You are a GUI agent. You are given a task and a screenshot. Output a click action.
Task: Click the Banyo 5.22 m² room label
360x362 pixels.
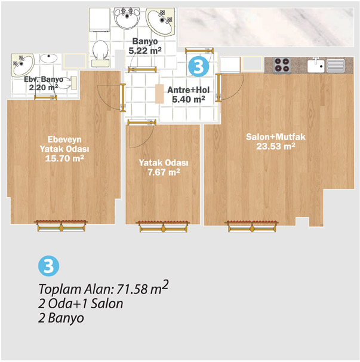pos(145,46)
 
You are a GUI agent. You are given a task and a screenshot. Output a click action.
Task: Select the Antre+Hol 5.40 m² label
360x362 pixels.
pos(188,94)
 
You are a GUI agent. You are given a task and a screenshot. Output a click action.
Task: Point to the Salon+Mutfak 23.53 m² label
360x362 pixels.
pos(276,142)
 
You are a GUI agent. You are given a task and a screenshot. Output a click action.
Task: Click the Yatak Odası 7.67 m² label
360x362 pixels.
pos(164,168)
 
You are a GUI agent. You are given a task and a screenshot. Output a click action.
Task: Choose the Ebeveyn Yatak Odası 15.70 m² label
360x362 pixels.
pos(64,149)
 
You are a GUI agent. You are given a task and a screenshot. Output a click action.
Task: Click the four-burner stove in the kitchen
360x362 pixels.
pos(282,65)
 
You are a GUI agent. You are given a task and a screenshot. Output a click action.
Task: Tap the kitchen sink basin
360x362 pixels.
pos(316,66)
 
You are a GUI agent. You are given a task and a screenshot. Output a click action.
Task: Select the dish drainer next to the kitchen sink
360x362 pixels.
pos(336,66)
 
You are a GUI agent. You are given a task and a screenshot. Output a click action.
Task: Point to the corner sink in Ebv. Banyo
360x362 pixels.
pos(23,65)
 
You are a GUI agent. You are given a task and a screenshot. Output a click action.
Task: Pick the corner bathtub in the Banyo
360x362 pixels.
pos(161,22)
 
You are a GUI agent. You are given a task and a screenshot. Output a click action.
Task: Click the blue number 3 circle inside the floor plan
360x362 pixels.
pos(198,66)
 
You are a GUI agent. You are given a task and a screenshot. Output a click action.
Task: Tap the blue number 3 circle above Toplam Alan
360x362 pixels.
pos(49,266)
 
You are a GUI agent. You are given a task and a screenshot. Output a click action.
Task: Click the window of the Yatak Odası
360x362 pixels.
pos(164,226)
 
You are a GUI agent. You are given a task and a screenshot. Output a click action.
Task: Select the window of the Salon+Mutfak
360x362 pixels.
pos(252,226)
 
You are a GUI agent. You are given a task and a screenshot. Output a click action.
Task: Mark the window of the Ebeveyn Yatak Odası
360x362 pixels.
pos(61,226)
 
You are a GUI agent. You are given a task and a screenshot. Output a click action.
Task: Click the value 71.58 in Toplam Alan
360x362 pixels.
pos(132,289)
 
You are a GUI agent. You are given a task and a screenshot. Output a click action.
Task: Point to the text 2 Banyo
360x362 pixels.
pos(61,318)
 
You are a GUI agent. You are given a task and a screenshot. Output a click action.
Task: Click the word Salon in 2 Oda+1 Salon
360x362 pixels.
pos(107,303)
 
